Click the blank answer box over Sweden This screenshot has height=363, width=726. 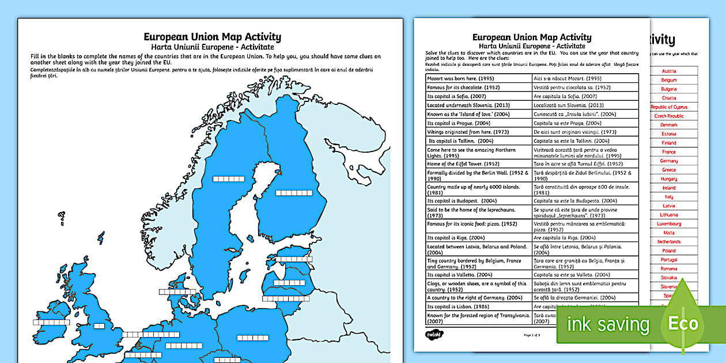point(228,179)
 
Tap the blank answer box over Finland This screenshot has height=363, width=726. point(293,193)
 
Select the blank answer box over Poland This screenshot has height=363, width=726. point(252,338)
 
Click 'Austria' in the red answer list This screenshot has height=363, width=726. point(669,71)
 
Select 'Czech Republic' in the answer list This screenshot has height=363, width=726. point(669,116)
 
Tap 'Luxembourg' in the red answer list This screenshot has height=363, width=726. point(669,224)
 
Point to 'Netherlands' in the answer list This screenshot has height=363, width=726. point(669,241)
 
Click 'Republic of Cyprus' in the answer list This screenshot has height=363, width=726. point(669,107)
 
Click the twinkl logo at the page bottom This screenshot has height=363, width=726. point(433,334)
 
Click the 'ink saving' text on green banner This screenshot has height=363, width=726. point(607,324)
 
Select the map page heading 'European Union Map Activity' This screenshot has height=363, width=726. point(213,37)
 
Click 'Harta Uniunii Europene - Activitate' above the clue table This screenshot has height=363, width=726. point(532,46)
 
